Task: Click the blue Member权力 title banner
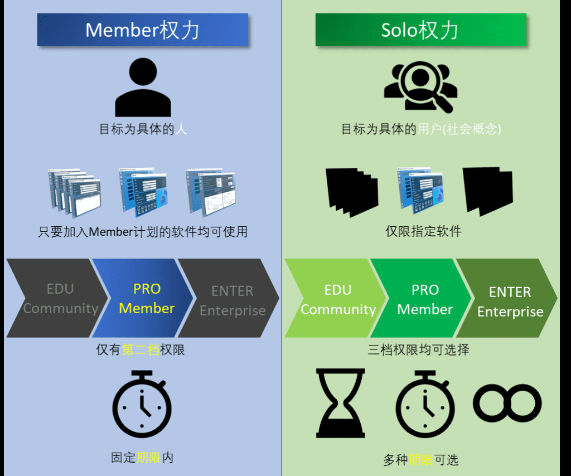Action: pos(143,30)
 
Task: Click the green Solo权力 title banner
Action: pos(420,30)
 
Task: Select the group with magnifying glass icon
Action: pos(420,86)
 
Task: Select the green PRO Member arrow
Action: pos(424,299)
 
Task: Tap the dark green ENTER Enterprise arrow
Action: pos(510,301)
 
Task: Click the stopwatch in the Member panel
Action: pos(142,402)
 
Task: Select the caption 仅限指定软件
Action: pos(424,231)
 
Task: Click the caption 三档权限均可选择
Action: pos(418,349)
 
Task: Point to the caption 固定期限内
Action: pos(142,458)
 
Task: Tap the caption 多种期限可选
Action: pos(420,460)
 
